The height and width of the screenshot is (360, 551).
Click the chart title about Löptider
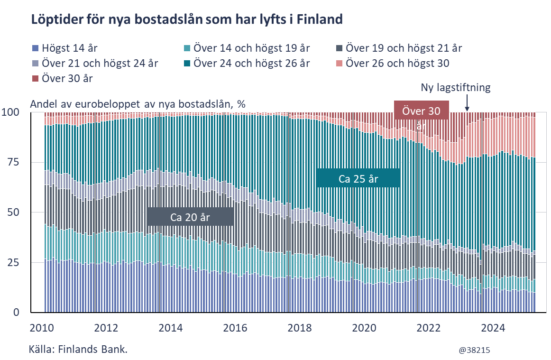point(186,20)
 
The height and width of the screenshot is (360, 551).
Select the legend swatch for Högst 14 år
point(35,48)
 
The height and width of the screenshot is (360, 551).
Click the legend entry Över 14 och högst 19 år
point(247,48)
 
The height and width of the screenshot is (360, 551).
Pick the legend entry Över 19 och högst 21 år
point(399,48)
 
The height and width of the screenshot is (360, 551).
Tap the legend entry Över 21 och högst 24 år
point(95,63)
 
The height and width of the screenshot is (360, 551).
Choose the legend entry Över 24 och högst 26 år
point(247,63)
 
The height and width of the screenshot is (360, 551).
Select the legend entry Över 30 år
point(62,78)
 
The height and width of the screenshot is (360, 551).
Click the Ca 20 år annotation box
point(190,217)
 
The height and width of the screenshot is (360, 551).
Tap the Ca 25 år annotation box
point(358,179)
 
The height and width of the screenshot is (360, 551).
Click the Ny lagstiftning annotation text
point(455,88)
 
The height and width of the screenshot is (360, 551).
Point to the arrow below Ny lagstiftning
point(467,102)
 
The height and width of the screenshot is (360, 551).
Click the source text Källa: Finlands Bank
point(78,350)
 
